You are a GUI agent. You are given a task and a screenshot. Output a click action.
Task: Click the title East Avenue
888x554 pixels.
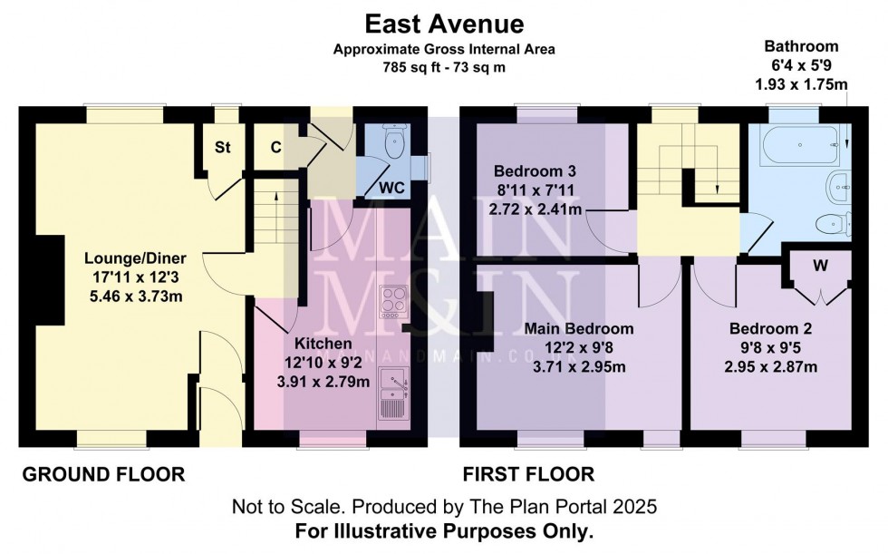click(443, 22)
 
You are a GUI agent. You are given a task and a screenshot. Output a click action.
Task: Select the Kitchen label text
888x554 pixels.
click(323, 345)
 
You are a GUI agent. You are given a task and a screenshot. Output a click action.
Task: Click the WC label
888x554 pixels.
click(392, 188)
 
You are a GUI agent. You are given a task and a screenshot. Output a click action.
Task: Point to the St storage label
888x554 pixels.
click(222, 147)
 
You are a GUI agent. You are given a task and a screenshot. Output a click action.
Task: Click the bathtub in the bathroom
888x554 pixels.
click(798, 144)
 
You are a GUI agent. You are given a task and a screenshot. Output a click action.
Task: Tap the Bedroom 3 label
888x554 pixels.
click(535, 170)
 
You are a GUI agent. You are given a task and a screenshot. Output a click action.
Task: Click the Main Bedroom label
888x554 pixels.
click(581, 328)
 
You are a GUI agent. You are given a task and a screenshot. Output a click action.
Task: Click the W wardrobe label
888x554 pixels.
click(820, 266)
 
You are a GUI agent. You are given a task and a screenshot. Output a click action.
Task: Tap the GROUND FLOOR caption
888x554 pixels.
click(103, 474)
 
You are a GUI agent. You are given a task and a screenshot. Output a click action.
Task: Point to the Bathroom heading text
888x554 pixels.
click(801, 45)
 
